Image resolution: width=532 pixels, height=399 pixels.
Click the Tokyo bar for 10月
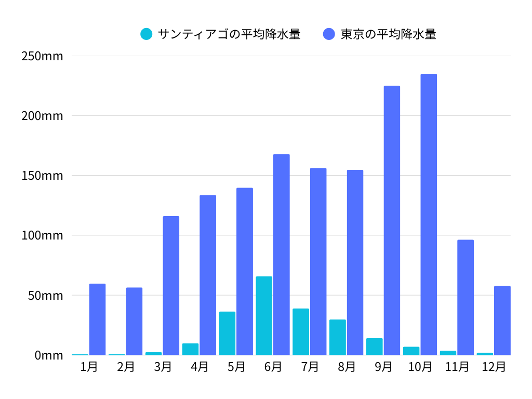click(429, 215)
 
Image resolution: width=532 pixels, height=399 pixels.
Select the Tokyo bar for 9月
click(392, 220)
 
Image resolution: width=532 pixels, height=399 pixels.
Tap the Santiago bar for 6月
click(264, 316)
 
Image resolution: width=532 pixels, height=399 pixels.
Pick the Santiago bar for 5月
click(227, 334)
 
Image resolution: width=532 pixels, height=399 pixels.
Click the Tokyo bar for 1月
click(97, 320)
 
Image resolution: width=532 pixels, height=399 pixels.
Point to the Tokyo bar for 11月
click(465, 298)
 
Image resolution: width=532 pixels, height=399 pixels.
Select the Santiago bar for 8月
click(338, 337)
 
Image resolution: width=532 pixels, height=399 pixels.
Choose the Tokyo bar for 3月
click(171, 286)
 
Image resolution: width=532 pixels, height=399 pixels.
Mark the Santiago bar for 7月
click(301, 332)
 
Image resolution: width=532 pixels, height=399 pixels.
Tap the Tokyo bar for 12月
click(502, 321)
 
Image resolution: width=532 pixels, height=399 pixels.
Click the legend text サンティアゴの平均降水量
click(229, 34)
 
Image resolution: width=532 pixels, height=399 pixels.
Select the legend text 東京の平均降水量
click(388, 34)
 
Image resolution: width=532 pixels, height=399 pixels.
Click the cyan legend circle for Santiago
click(147, 34)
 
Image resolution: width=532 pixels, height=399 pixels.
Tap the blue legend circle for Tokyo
click(329, 34)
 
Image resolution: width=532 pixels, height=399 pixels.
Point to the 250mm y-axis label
click(42, 56)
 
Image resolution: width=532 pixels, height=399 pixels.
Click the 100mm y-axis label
click(42, 235)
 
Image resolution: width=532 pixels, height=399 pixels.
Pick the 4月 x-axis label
click(199, 367)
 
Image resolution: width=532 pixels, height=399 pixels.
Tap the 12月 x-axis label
click(494, 367)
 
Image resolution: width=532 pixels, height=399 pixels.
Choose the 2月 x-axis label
click(126, 367)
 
